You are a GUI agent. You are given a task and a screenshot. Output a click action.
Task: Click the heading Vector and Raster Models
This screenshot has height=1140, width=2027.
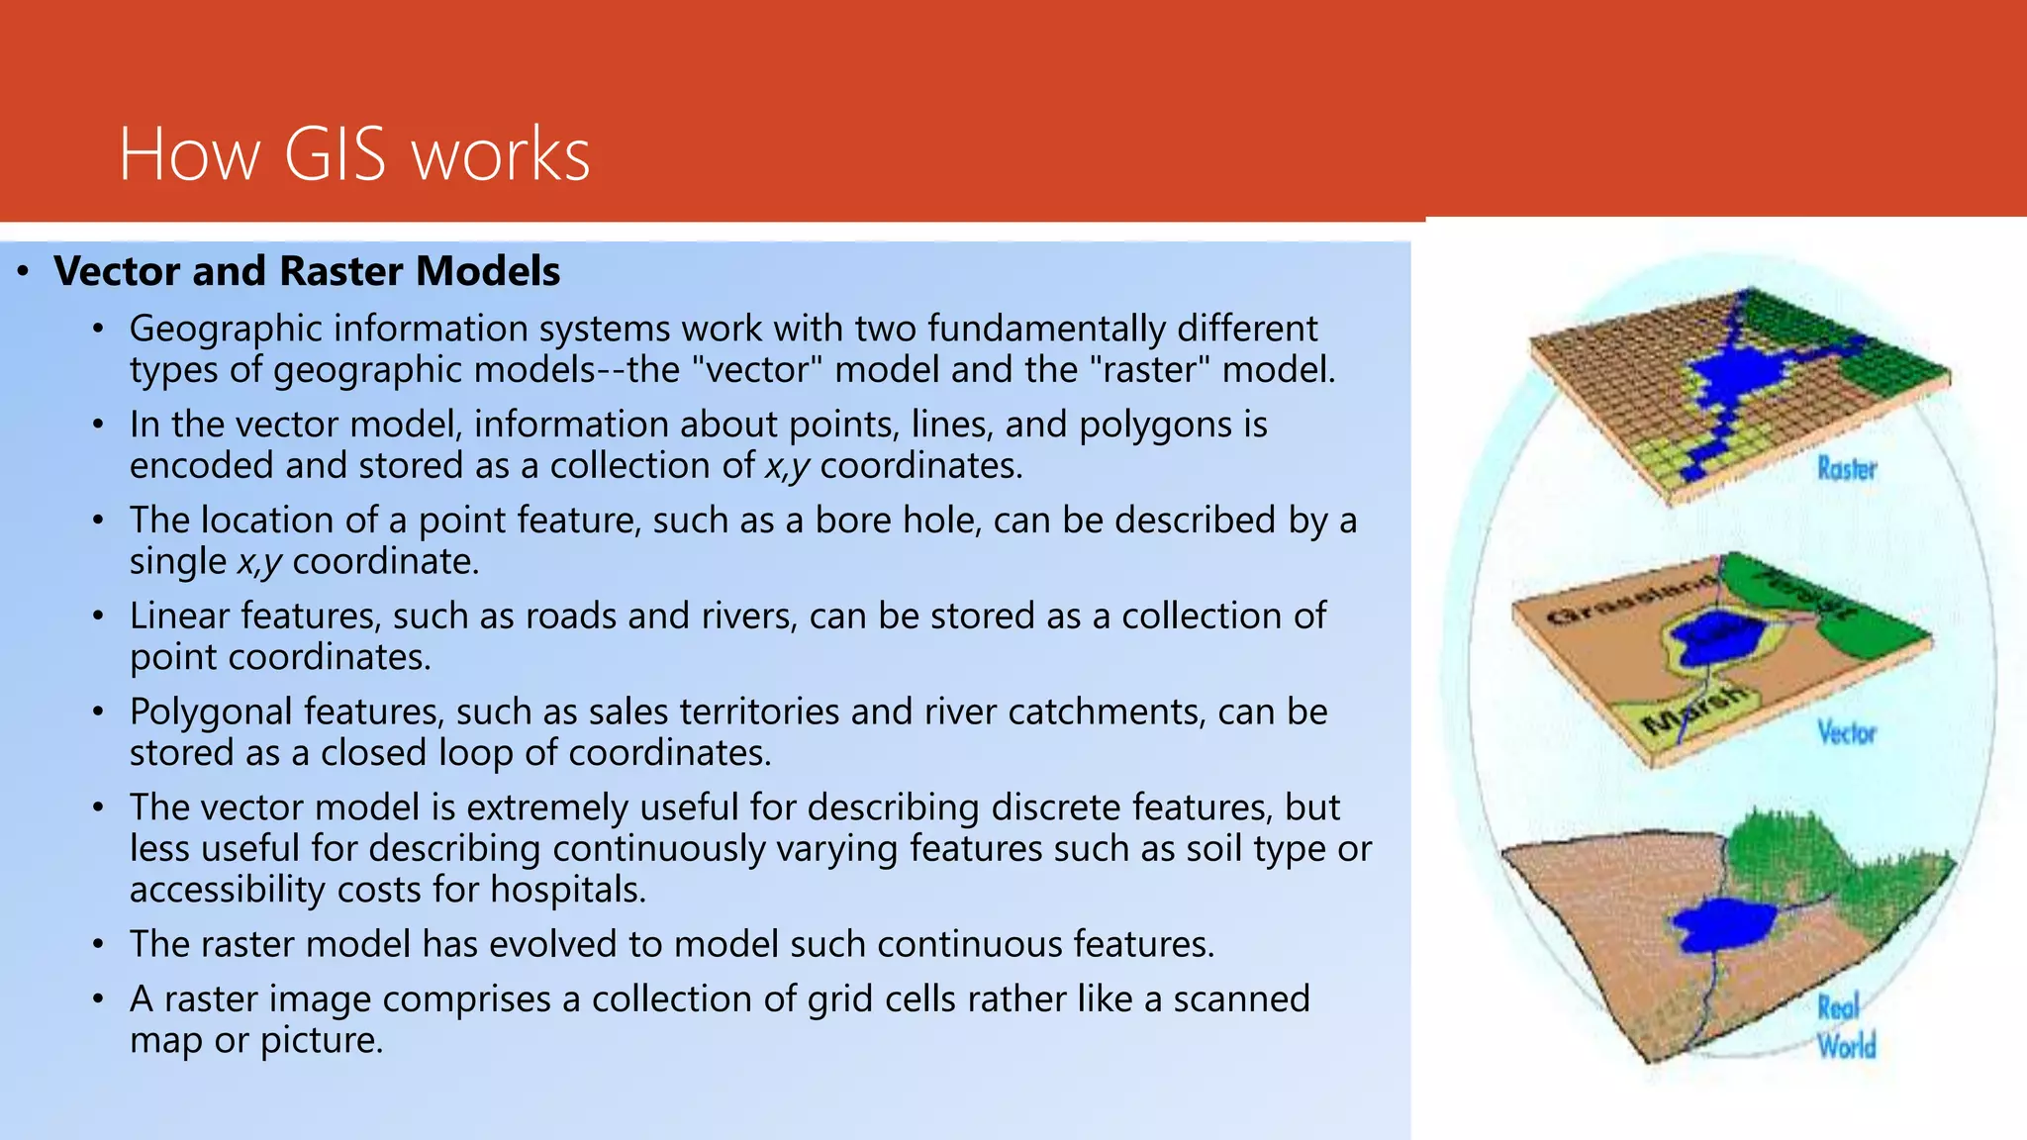pos(307,271)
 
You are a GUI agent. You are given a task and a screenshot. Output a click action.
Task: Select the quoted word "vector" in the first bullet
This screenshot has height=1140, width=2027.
pos(756,370)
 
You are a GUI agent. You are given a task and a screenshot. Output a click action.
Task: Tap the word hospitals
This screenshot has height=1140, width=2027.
pos(567,890)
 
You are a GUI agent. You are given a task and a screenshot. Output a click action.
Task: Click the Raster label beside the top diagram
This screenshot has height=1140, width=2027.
pos(1846,469)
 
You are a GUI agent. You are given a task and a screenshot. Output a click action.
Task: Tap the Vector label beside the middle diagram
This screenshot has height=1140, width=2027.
pos(1846,733)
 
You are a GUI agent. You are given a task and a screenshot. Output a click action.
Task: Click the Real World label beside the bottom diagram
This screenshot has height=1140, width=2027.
pos(1846,1026)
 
